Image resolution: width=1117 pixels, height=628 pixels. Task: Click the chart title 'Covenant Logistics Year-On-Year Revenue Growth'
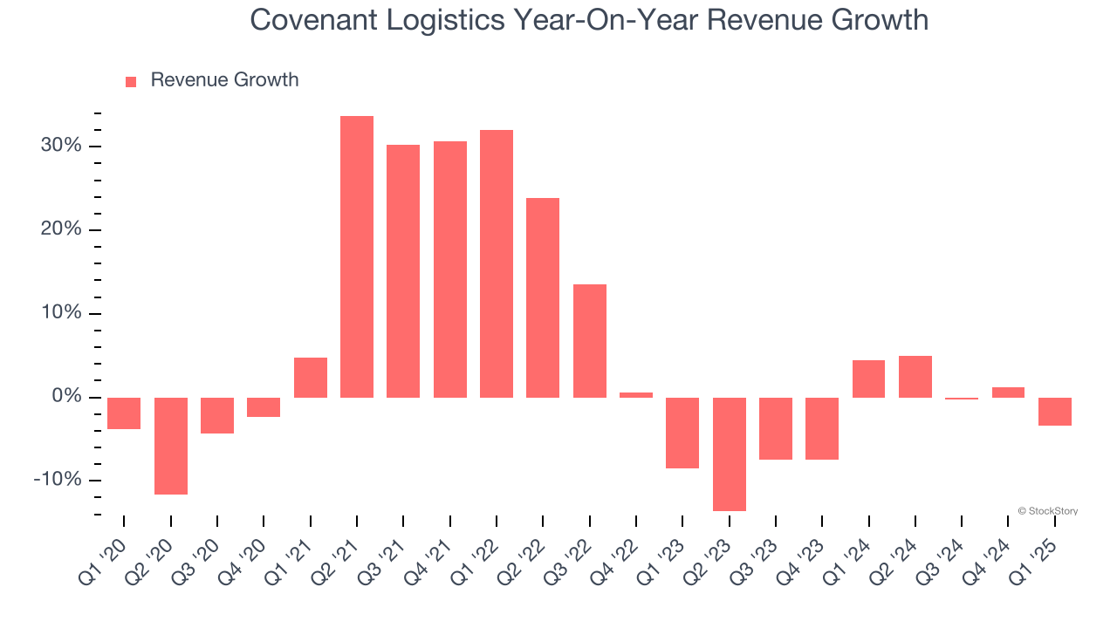click(x=589, y=19)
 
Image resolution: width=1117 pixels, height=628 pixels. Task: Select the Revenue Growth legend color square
click(x=131, y=81)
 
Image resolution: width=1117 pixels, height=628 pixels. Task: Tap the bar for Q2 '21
click(x=357, y=256)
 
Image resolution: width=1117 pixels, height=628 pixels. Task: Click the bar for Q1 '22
click(x=497, y=263)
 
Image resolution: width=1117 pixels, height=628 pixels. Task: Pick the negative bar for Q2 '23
click(x=730, y=454)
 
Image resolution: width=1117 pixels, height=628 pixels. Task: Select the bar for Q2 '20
click(x=171, y=446)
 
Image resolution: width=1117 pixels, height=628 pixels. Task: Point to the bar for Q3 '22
click(x=590, y=340)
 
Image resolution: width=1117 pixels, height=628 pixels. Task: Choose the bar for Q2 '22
click(x=543, y=297)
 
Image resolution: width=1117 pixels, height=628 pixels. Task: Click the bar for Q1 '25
click(x=1055, y=411)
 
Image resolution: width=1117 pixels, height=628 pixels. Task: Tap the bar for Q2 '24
click(x=915, y=376)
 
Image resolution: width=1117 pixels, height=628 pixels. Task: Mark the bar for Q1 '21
click(x=311, y=377)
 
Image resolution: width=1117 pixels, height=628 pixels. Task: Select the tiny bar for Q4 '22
click(x=636, y=394)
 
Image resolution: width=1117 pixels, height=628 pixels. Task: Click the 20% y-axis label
click(x=61, y=229)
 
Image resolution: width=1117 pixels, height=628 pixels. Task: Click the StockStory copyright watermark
click(x=1048, y=511)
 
